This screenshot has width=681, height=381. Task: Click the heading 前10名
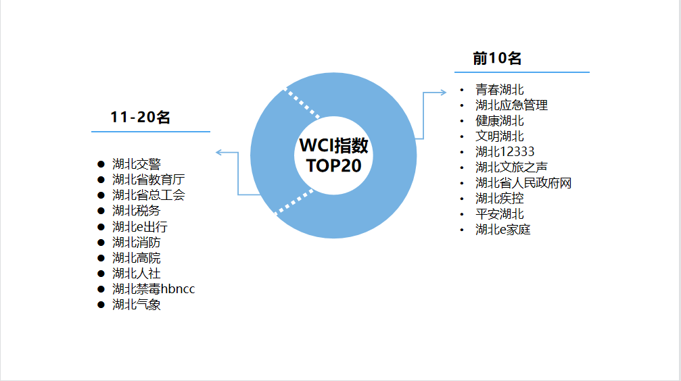(497, 58)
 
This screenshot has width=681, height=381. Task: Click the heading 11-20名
(140, 117)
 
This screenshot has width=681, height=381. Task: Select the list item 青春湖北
(500, 90)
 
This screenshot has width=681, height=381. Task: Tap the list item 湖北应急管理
(511, 105)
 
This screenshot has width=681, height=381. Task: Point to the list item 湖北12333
(504, 152)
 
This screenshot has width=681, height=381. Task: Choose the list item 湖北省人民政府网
(523, 183)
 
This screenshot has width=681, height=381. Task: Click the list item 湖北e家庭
(503, 230)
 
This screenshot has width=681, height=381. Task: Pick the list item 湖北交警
(137, 164)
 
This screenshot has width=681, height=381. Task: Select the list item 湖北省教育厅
(149, 180)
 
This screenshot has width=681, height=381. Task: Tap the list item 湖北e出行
(140, 226)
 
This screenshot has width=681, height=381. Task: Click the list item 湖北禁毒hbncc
(154, 289)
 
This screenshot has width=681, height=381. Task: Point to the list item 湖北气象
(137, 305)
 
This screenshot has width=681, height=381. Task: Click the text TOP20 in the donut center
(333, 166)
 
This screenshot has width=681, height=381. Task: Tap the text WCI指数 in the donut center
(333, 145)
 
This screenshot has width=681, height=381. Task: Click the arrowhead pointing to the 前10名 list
(443, 92)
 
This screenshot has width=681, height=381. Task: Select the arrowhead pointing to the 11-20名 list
(219, 152)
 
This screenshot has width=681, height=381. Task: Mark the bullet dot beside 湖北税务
(101, 211)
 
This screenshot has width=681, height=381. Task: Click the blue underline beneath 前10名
(522, 72)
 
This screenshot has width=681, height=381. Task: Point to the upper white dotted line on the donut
(302, 103)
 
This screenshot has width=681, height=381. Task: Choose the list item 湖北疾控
(500, 199)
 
